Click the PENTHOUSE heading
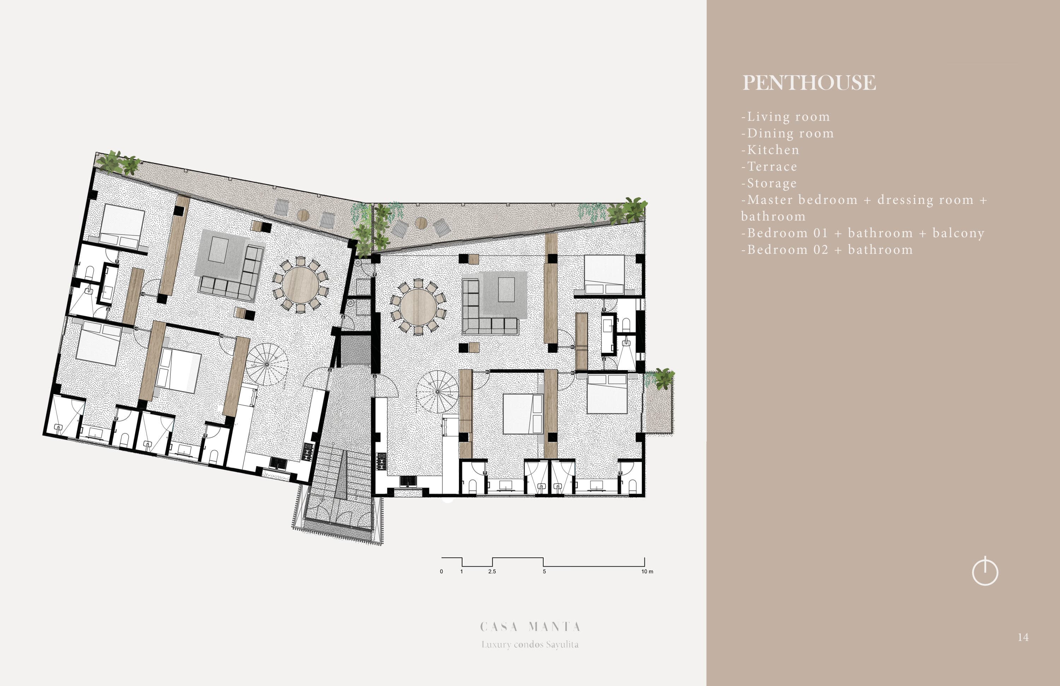[809, 82]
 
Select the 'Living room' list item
[786, 117]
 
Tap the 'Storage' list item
[769, 183]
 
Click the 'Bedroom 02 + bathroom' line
[827, 250]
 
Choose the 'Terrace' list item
[769, 166]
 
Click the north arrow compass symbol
[985, 571]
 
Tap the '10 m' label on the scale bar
[647, 571]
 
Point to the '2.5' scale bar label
[492, 571]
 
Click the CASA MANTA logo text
[530, 627]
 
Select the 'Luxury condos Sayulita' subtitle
[530, 645]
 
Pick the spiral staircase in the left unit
[267, 364]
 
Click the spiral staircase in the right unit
[437, 392]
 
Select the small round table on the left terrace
[303, 215]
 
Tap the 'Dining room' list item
[788, 133]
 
